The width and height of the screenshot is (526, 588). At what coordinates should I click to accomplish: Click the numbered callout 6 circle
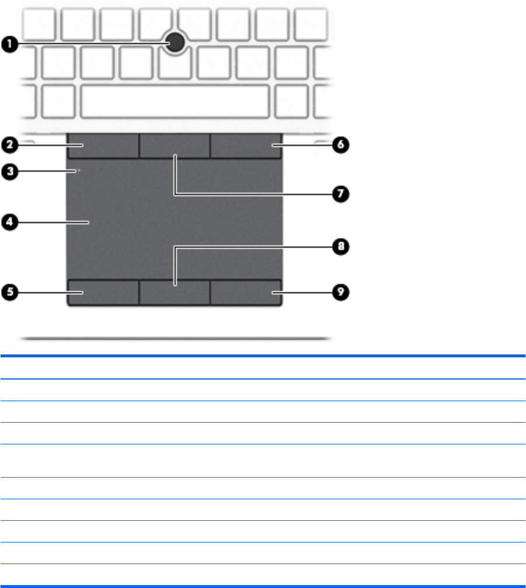tap(340, 145)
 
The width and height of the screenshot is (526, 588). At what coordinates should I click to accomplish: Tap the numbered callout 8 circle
tap(340, 247)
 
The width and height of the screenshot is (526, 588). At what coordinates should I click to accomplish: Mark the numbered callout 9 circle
tap(340, 291)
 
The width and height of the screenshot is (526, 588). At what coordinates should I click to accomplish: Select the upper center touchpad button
tap(175, 145)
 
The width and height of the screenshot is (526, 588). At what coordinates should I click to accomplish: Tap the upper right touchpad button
tap(246, 145)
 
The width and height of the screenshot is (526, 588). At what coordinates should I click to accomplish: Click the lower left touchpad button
tap(103, 291)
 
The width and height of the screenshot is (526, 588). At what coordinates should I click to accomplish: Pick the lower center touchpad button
tap(175, 291)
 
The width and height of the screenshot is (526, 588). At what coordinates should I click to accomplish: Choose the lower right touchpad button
tap(246, 291)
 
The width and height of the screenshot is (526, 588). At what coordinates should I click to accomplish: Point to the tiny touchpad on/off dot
tap(78, 171)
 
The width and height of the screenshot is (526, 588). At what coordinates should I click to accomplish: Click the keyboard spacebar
tap(175, 100)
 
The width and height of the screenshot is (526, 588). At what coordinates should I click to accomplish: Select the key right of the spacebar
tap(292, 100)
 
